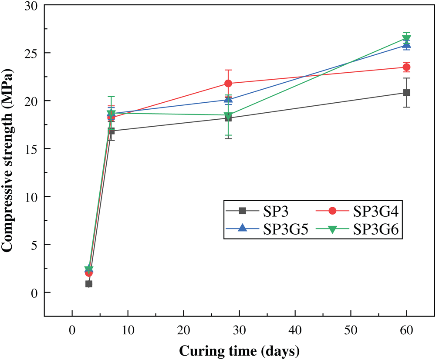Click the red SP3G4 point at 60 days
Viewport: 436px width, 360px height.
pyautogui.click(x=406, y=67)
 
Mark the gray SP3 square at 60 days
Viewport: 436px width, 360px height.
pyautogui.click(x=406, y=92)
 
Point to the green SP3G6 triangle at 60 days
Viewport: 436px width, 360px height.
pyautogui.click(x=406, y=39)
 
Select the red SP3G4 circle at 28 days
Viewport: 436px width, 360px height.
pyautogui.click(x=228, y=83)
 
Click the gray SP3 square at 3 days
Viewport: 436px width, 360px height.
pyautogui.click(x=89, y=284)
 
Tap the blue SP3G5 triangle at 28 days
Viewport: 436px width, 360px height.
pyautogui.click(x=228, y=99)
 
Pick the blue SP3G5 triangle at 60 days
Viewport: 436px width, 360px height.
pyautogui.click(x=406, y=44)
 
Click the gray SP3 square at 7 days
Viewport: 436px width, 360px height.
pyautogui.click(x=111, y=131)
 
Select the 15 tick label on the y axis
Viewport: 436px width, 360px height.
pyautogui.click(x=34, y=149)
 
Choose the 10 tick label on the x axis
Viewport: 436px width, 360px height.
pyautogui.click(x=128, y=330)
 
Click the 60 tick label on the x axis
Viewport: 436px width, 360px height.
pyautogui.click(x=406, y=330)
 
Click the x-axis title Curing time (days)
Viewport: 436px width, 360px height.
pyautogui.click(x=239, y=350)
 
